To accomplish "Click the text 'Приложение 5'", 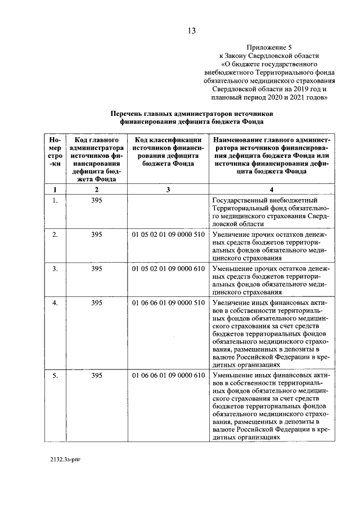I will [268, 47].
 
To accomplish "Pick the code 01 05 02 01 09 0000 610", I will [168, 269].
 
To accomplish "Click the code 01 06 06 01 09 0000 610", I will [168, 375].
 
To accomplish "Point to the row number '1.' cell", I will [55, 201].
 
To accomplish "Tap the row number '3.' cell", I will [55, 269].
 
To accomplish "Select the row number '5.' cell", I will [55, 375].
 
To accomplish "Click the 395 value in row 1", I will [96, 201].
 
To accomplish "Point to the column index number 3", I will [168, 190].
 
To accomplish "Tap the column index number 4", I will [272, 190].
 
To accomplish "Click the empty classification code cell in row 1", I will [168, 211].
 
